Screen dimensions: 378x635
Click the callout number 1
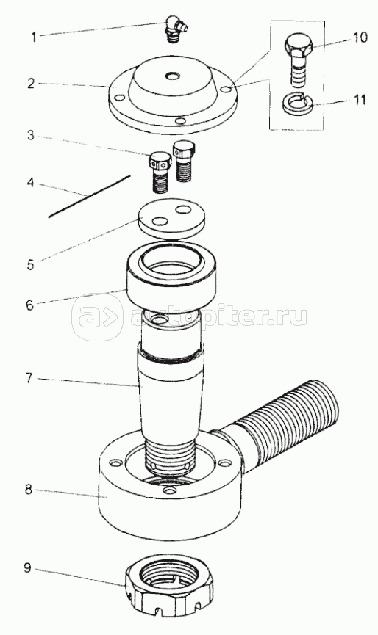[34, 37]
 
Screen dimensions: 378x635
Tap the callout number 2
[31, 84]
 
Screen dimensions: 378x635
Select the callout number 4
[30, 182]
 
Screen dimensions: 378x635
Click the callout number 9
[27, 567]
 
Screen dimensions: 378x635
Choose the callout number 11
[360, 100]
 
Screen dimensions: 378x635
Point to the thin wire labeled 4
[89, 197]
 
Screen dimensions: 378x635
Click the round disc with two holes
[171, 218]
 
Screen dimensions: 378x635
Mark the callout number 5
[31, 265]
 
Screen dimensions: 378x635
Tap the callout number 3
[31, 135]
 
